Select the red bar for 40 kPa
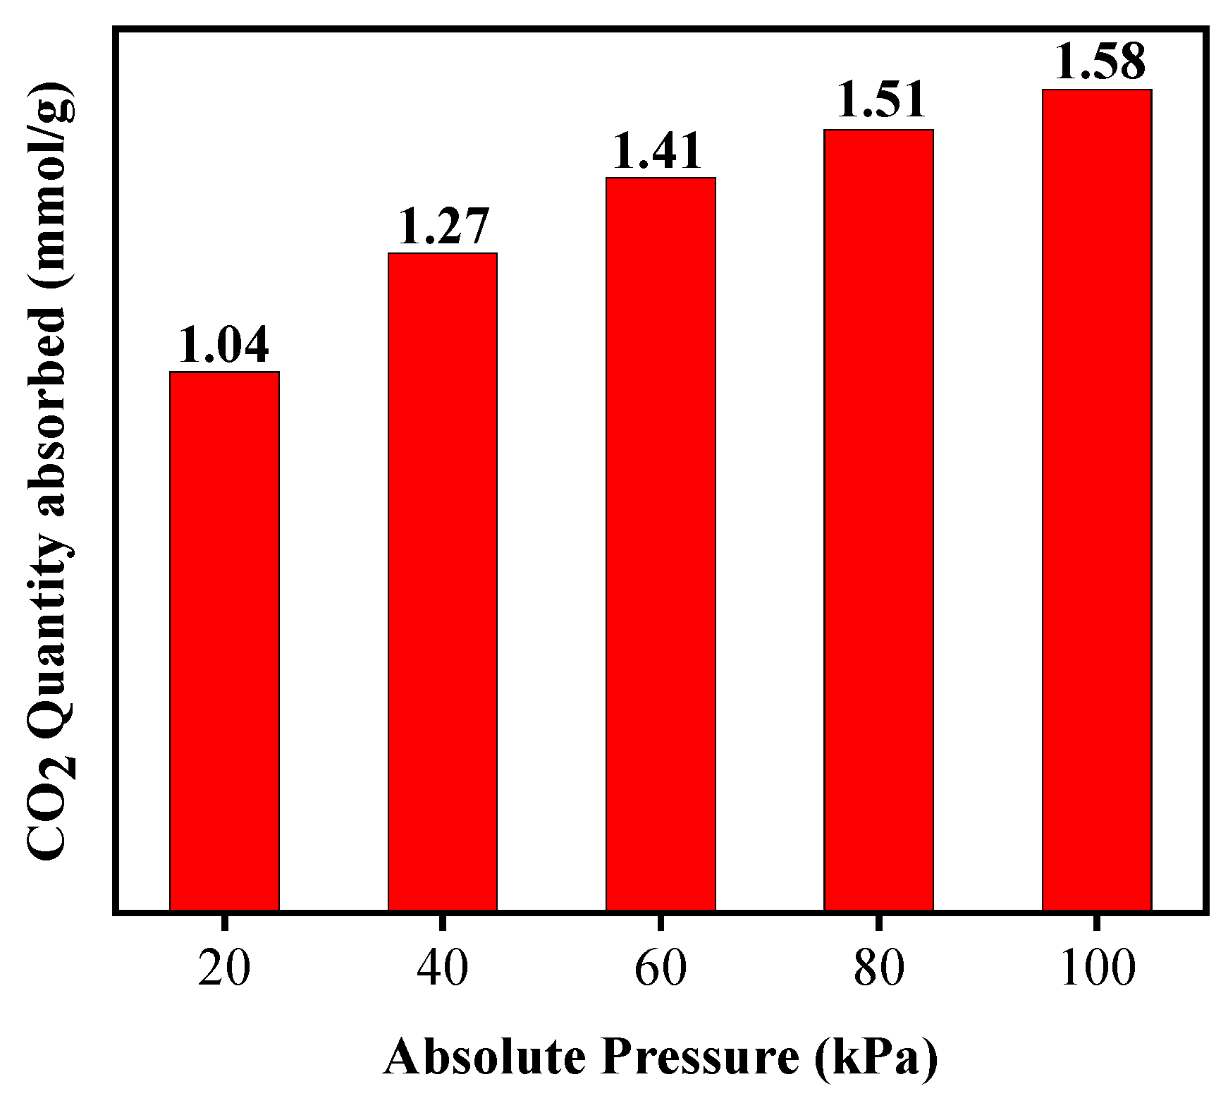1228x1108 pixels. pyautogui.click(x=443, y=581)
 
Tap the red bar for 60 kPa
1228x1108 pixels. pyautogui.click(x=661, y=544)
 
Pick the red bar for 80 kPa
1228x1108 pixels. pyautogui.click(x=878, y=520)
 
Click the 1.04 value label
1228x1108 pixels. pyautogui.click(x=223, y=345)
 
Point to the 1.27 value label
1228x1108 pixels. pyautogui.click(x=443, y=226)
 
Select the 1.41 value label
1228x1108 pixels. pyautogui.click(x=657, y=151)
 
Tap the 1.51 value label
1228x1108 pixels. pyautogui.click(x=880, y=100)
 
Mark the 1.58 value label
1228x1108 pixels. pyautogui.click(x=1100, y=63)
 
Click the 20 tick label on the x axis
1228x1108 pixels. pyautogui.click(x=223, y=970)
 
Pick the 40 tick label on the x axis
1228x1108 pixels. pyautogui.click(x=443, y=970)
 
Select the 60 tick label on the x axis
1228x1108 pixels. pyautogui.click(x=661, y=970)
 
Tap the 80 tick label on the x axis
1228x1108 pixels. pyautogui.click(x=878, y=970)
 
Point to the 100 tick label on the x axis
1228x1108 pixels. pyautogui.click(x=1097, y=970)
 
